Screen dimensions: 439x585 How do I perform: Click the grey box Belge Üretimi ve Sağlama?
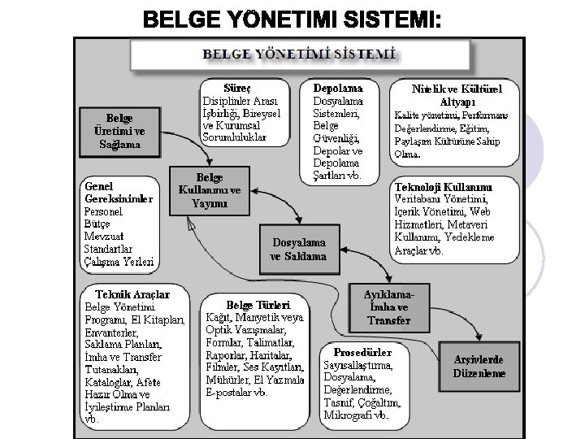(x=119, y=131)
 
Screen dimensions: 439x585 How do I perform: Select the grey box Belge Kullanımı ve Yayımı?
(x=210, y=191)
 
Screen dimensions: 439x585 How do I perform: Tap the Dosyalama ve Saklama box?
(x=298, y=249)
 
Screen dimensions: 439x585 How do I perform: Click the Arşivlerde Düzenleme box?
(x=479, y=367)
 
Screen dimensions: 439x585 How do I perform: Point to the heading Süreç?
(x=243, y=87)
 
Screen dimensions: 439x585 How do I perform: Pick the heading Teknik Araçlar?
(x=132, y=293)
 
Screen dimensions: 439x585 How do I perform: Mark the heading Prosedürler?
(x=362, y=353)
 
